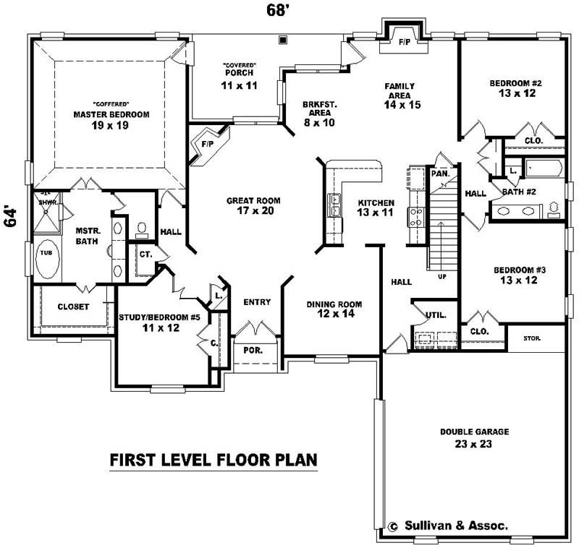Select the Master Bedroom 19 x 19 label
(x=111, y=120)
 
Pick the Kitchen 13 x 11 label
(x=375, y=207)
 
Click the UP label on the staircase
(x=442, y=276)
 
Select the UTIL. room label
(x=435, y=315)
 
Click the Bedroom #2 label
(x=515, y=87)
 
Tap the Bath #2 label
(x=518, y=192)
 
